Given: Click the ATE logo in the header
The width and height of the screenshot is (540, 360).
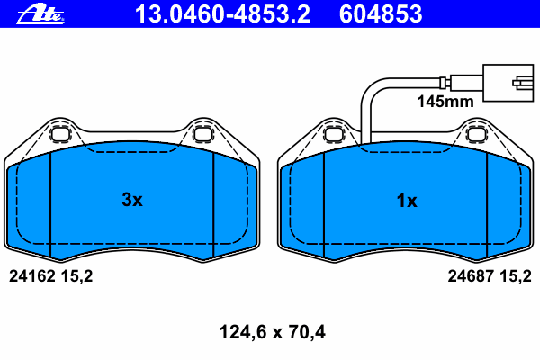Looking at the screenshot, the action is (x=40, y=14).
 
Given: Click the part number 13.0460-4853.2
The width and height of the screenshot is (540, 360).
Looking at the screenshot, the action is (x=222, y=14).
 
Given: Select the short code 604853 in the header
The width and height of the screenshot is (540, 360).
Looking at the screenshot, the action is (x=381, y=14).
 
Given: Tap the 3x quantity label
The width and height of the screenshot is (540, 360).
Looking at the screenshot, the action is (x=132, y=200).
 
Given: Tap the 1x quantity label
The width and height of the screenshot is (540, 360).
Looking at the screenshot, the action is (x=407, y=201).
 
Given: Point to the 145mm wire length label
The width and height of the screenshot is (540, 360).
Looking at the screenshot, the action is (x=445, y=102).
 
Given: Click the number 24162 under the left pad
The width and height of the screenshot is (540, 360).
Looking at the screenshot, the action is (x=32, y=276).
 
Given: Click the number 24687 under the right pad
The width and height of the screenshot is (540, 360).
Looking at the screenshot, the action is (x=471, y=276).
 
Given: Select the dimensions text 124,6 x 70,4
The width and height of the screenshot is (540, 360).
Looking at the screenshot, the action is (x=272, y=332).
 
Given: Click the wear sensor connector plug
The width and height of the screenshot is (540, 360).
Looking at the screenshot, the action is (x=508, y=83).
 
